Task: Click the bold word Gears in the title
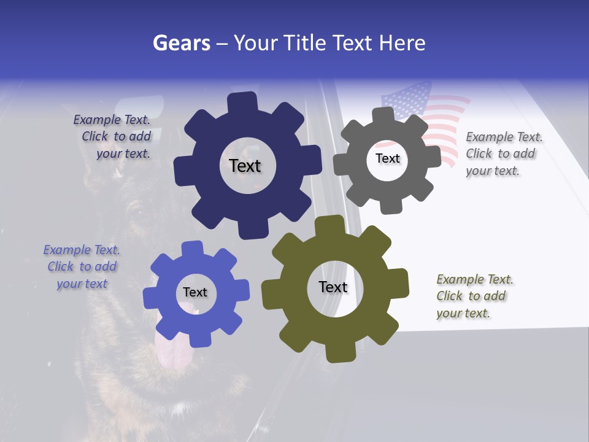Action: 181,43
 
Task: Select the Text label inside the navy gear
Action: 245,166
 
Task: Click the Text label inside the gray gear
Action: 387,158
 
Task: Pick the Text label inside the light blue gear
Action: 195,292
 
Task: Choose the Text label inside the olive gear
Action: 333,287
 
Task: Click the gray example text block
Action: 503,153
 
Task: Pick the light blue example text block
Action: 82,267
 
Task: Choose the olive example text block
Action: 474,296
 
